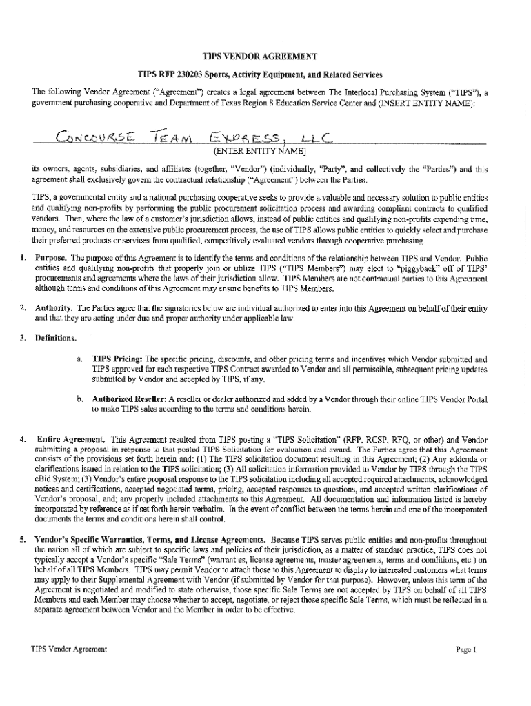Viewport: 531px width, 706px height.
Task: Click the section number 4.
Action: click(x=23, y=438)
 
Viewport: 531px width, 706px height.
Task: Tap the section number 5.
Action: click(x=23, y=538)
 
